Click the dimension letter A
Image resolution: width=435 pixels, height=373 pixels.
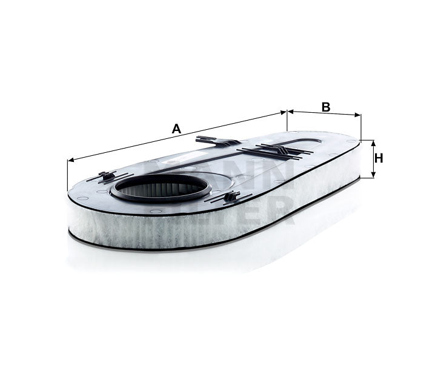point(176,129)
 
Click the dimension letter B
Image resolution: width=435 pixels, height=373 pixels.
point(325,107)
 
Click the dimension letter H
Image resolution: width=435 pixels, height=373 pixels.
point(379,158)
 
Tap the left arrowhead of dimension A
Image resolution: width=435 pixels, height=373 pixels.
point(70,160)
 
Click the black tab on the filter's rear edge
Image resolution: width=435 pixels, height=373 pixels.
point(215,141)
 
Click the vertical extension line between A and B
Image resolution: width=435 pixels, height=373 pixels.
point(287,121)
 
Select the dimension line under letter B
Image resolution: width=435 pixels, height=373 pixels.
point(324,113)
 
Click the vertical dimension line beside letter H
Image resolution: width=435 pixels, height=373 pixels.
point(373,159)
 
